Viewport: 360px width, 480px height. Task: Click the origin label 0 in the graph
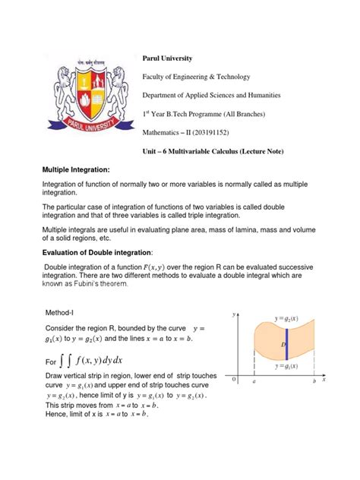click(x=235, y=380)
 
